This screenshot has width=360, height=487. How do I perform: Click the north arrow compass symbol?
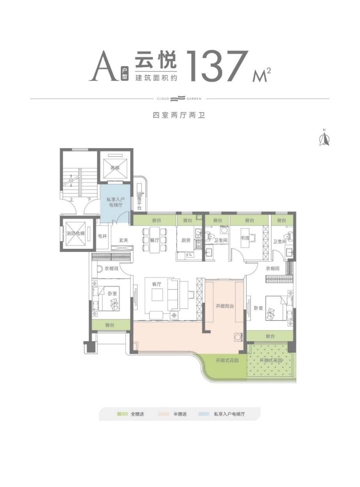(x=324, y=138)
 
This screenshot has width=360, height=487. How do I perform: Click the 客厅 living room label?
(x=157, y=284)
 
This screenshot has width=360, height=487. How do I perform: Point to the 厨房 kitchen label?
(x=186, y=241)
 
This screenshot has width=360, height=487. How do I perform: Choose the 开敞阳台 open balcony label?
(x=225, y=306)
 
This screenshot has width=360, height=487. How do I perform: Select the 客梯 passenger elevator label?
(x=114, y=168)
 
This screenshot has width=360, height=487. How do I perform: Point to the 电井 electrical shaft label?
(x=102, y=236)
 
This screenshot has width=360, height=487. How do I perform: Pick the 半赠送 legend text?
(x=180, y=414)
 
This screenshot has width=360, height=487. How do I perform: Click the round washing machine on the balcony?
(x=238, y=337)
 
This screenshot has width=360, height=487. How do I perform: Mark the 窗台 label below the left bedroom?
(x=110, y=325)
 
